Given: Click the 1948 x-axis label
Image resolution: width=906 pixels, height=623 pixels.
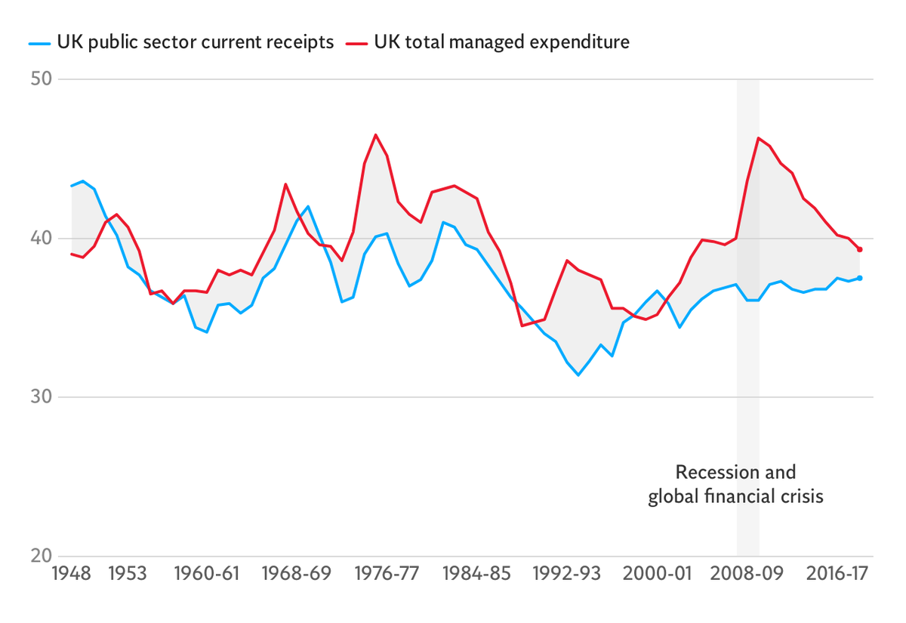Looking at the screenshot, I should (x=71, y=574).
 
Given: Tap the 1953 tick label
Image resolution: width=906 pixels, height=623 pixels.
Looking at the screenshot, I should (x=128, y=574).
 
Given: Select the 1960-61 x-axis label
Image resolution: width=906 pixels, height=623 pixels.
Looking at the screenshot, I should (x=207, y=574).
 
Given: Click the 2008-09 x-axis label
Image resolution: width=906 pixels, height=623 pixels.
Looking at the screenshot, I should (x=748, y=574).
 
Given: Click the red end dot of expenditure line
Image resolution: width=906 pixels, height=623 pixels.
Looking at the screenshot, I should (x=860, y=249).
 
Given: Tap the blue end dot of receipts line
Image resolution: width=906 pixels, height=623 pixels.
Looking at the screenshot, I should (x=860, y=278).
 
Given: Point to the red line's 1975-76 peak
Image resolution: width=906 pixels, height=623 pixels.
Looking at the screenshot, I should (x=376, y=135).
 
